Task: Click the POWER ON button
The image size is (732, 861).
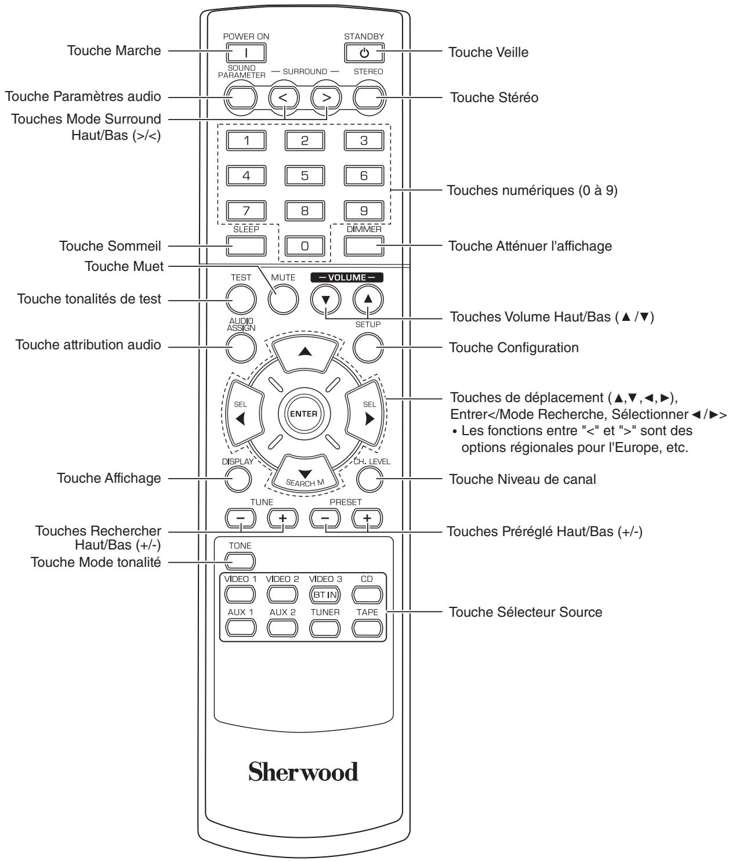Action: pyautogui.click(x=246, y=53)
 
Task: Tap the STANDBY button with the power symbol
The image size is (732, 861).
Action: pyautogui.click(x=364, y=53)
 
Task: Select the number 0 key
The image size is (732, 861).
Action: pyautogui.click(x=305, y=246)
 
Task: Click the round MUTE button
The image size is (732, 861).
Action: pyautogui.click(x=283, y=299)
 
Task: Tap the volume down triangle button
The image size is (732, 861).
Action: pyautogui.click(x=325, y=299)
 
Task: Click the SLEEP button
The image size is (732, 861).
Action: pyautogui.click(x=246, y=246)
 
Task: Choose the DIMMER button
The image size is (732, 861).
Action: pyautogui.click(x=364, y=246)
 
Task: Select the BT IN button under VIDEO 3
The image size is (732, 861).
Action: pyautogui.click(x=325, y=595)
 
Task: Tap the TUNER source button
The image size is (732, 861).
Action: pyautogui.click(x=325, y=628)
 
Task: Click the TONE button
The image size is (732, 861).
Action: pyautogui.click(x=240, y=561)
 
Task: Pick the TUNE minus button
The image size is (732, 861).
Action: pyautogui.click(x=241, y=518)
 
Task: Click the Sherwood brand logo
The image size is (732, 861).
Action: pyautogui.click(x=303, y=772)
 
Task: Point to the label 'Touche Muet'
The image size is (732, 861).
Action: pyautogui.click(x=124, y=266)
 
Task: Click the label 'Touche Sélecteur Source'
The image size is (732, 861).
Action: pyautogui.click(x=526, y=612)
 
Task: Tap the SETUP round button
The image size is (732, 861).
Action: pyautogui.click(x=368, y=348)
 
